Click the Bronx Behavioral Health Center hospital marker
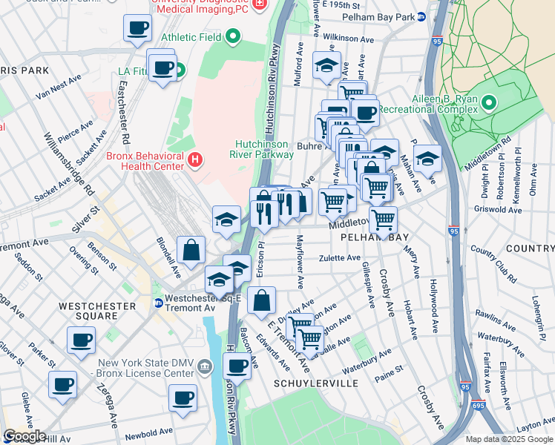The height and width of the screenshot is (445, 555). [x=195, y=159]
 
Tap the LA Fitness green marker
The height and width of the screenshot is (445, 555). [x=180, y=72]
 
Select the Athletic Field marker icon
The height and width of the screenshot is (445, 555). [x=233, y=36]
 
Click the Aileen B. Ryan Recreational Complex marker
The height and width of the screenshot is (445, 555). [x=489, y=102]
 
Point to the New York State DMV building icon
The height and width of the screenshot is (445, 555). [x=207, y=364]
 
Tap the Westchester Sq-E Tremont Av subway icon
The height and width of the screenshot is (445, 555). [x=159, y=303]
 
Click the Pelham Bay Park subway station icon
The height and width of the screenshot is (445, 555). [x=421, y=16]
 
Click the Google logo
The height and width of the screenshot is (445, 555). [x=24, y=435]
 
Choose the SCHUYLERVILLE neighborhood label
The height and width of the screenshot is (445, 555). [x=316, y=383]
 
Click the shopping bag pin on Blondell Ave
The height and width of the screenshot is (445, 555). [x=191, y=251]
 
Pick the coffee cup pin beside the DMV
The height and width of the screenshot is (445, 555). [x=237, y=366]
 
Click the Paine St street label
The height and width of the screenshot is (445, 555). [x=389, y=369]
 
